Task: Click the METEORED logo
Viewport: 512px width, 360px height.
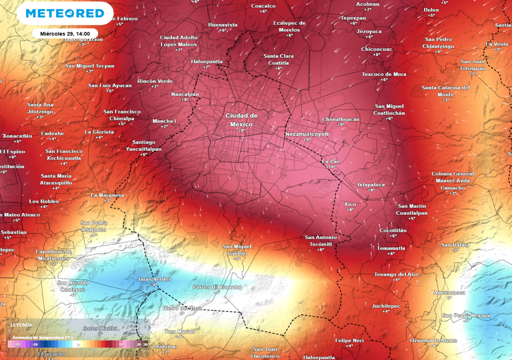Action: pyautogui.click(x=65, y=13)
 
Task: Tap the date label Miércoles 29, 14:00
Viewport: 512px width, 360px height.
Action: pyautogui.click(x=65, y=33)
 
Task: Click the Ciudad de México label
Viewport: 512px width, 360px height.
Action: pyautogui.click(x=241, y=120)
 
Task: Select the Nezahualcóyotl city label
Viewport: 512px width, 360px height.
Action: pyautogui.click(x=307, y=134)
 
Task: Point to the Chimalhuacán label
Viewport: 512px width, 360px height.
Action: pyautogui.click(x=341, y=119)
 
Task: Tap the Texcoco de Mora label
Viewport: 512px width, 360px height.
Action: pyautogui.click(x=384, y=74)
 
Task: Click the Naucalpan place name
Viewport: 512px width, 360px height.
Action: pyautogui.click(x=185, y=94)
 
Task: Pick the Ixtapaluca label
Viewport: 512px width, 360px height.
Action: pyautogui.click(x=371, y=184)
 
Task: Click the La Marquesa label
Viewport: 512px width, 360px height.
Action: pyautogui.click(x=107, y=195)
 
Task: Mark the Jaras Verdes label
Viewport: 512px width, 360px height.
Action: pyautogui.click(x=154, y=279)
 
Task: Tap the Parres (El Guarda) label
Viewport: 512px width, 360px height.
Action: pyautogui.click(x=217, y=287)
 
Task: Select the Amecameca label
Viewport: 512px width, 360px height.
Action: pyautogui.click(x=449, y=292)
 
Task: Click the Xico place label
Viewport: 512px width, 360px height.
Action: pyautogui.click(x=350, y=204)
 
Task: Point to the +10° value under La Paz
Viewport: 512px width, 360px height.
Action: pyautogui.click(x=330, y=167)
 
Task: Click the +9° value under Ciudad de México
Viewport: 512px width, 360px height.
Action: pyautogui.click(x=241, y=130)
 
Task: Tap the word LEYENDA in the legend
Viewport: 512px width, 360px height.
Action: pyautogui.click(x=21, y=324)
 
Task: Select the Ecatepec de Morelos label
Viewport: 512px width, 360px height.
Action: pyautogui.click(x=289, y=26)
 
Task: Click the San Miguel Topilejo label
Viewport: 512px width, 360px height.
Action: pyautogui.click(x=237, y=249)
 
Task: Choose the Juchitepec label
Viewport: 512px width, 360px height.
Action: pyautogui.click(x=386, y=305)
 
